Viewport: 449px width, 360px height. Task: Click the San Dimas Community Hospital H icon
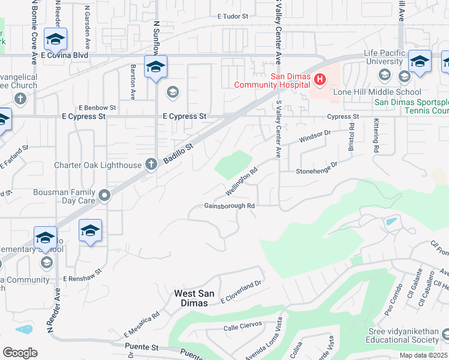[x=320, y=79]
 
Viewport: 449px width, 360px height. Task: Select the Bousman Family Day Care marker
[x=104, y=195]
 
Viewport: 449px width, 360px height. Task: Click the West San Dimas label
[x=191, y=298]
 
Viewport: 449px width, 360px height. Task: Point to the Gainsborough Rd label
[x=230, y=206]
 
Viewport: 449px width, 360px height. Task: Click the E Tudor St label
[x=233, y=17]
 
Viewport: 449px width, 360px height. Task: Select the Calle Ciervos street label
[x=243, y=325]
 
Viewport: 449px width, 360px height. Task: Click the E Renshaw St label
[x=83, y=280]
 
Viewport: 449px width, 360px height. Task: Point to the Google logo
[x=20, y=353]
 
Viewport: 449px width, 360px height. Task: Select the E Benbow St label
[x=97, y=107]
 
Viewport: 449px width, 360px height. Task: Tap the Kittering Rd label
[x=376, y=137]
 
